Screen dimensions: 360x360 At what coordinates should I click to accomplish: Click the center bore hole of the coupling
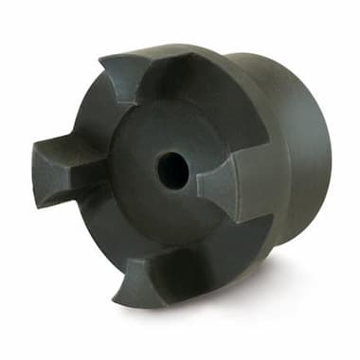[171, 169]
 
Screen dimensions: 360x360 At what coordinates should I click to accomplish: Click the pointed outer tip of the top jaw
[102, 58]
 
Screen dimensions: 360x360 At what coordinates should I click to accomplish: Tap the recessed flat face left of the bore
[133, 171]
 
